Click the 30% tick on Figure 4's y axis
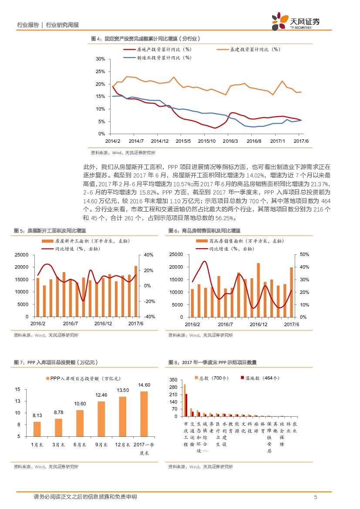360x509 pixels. click(x=100, y=59)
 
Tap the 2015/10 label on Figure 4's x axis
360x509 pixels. click(x=207, y=141)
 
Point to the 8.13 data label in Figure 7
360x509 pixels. click(x=37, y=415)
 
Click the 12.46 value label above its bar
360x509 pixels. click(x=101, y=395)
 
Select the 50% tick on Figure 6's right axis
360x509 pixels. click(x=305, y=254)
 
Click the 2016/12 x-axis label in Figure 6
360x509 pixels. click(x=259, y=324)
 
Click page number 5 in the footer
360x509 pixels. click(x=316, y=497)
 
